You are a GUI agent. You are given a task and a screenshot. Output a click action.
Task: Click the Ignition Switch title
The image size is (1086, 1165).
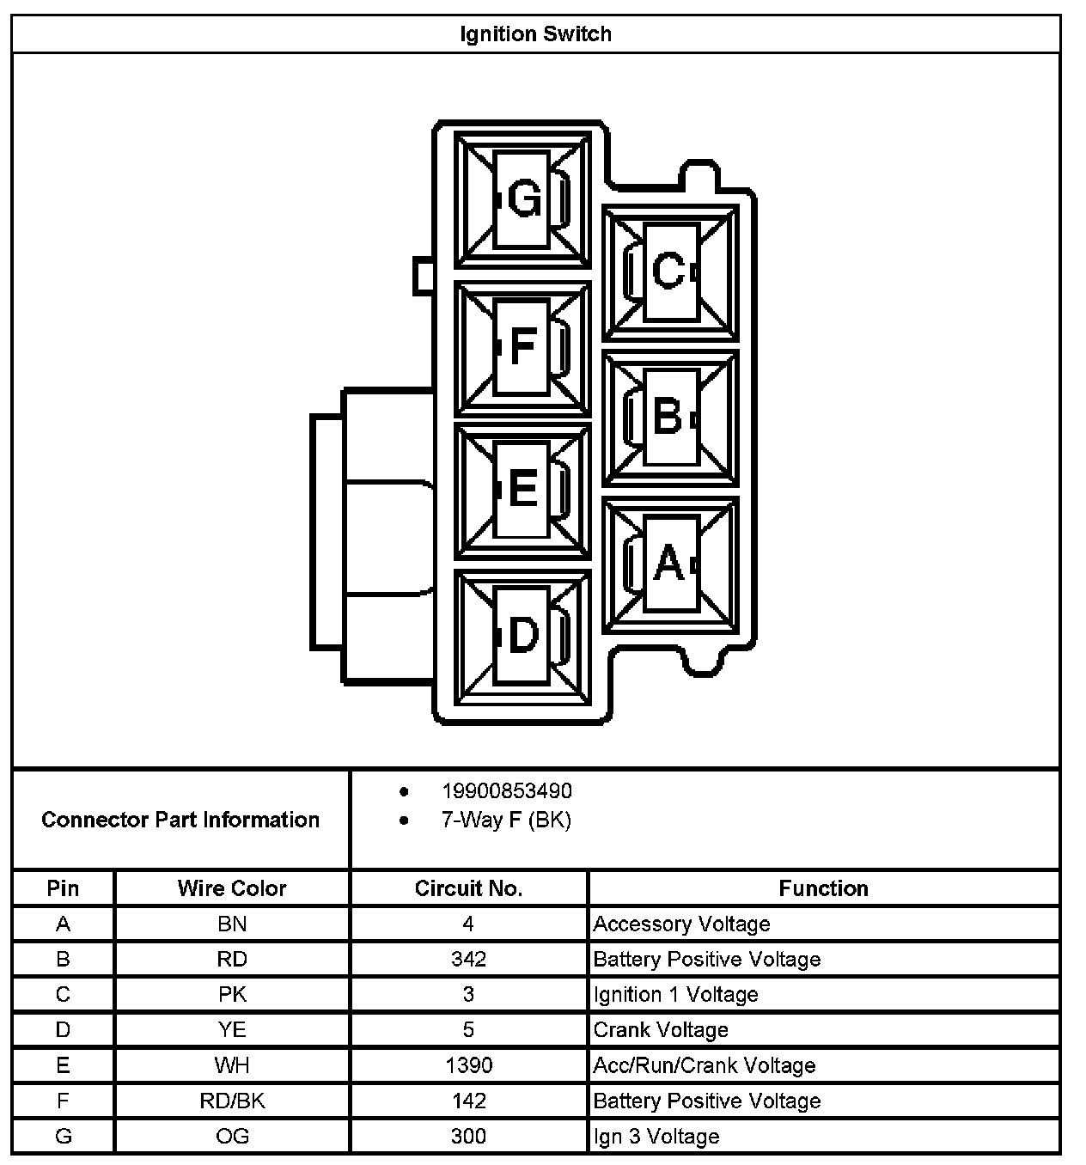(535, 34)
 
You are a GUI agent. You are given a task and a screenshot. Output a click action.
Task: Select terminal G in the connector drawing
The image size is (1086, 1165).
(523, 200)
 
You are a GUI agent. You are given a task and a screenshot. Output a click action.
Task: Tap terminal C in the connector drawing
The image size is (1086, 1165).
(669, 271)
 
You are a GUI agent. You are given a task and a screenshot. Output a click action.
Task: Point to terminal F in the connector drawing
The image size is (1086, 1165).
(522, 346)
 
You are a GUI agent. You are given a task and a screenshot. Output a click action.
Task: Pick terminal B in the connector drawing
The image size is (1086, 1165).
(668, 417)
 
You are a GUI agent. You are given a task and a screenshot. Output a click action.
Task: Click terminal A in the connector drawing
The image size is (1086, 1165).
(668, 564)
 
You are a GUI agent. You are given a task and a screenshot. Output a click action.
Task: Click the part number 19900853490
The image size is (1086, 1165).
(506, 790)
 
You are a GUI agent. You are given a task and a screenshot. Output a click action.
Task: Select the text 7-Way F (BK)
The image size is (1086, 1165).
(506, 820)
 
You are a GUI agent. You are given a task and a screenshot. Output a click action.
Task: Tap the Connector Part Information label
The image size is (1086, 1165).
(180, 820)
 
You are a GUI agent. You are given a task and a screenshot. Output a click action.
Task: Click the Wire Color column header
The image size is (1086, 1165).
(232, 888)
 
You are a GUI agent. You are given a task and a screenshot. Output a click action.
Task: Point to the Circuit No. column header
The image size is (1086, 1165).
(468, 888)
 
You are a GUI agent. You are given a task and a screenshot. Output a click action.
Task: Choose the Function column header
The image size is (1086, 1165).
(823, 888)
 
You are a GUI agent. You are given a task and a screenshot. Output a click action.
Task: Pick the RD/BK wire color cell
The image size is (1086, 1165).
(232, 1101)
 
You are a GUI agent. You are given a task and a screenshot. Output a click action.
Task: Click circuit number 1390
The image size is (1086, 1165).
(468, 1065)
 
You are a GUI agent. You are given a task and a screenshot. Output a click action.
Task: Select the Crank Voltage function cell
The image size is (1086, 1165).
(661, 1029)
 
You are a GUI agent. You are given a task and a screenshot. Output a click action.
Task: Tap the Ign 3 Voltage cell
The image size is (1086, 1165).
(656, 1137)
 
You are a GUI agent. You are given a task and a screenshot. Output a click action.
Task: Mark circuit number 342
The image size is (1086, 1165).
(468, 959)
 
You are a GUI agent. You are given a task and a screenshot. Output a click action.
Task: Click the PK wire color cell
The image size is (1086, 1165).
(232, 994)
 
